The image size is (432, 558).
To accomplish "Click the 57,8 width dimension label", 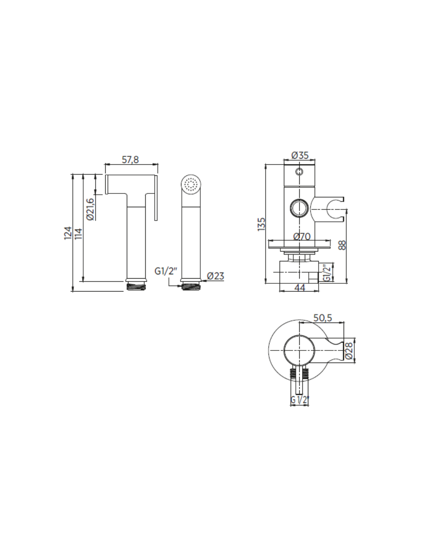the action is [x=130, y=159].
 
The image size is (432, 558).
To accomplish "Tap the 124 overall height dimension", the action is [x=68, y=233].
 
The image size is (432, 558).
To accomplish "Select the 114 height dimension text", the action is [x=79, y=233].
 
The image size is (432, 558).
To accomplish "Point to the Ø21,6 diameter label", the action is [x=90, y=210].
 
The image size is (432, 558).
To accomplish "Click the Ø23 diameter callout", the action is [x=216, y=276].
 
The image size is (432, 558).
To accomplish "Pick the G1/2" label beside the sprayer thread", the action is [x=166, y=271].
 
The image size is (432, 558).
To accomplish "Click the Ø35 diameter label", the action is [x=300, y=155].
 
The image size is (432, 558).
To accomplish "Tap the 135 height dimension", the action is [x=261, y=224].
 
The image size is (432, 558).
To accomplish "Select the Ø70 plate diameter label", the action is [x=302, y=236].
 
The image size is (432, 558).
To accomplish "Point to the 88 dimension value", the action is [x=342, y=245].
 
